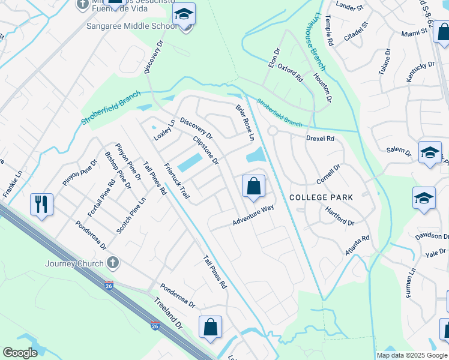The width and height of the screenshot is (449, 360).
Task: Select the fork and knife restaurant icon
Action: click(42, 204)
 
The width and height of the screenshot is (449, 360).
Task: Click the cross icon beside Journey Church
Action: click(112, 263)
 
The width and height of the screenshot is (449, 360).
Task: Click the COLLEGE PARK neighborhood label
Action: click(321, 197)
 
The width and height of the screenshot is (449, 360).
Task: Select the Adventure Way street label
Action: click(253, 216)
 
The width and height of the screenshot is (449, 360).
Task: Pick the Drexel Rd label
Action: click(319, 138)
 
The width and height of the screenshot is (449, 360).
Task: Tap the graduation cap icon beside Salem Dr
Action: click(430, 153)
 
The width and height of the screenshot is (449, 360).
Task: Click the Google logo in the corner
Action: click(20, 353)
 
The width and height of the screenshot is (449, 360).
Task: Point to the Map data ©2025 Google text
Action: click(411, 355)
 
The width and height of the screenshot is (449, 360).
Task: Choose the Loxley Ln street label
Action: click(164, 129)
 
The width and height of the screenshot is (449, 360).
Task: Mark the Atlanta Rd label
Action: click(357, 247)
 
